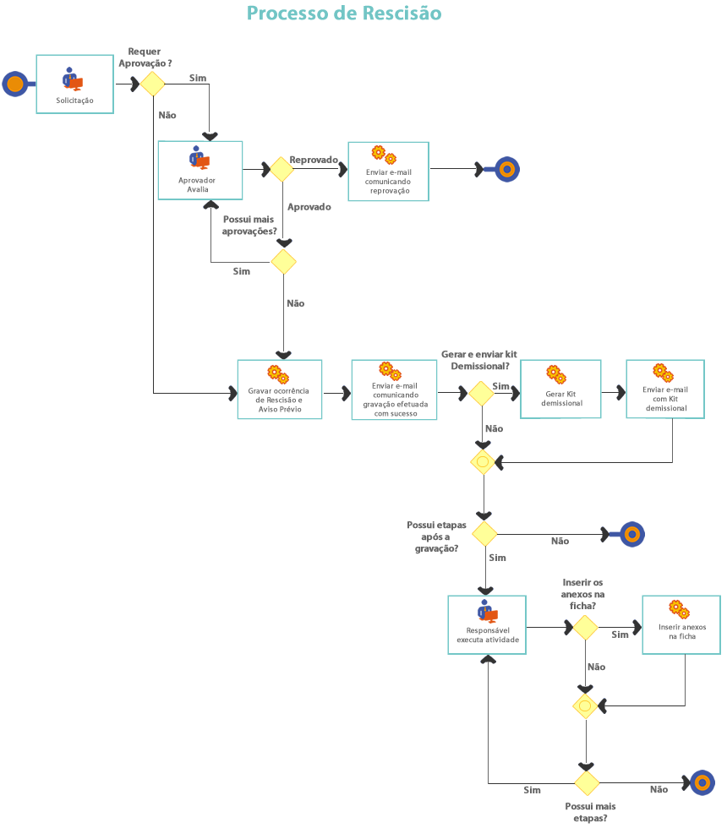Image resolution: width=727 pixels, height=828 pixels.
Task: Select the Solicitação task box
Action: tap(74, 84)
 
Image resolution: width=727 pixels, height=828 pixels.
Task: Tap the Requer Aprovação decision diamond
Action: tap(152, 84)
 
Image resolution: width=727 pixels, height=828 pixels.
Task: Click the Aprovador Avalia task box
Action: tap(200, 170)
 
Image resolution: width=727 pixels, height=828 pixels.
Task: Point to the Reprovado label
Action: tap(314, 159)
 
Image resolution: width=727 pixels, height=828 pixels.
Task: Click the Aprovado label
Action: tap(309, 207)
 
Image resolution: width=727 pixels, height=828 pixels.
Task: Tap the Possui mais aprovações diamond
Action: tap(283, 262)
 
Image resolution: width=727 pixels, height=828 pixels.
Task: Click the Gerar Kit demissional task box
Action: tap(560, 389)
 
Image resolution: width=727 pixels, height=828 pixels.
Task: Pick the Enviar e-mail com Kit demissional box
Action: tap(665, 389)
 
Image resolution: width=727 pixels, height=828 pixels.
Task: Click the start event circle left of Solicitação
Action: tap(14, 84)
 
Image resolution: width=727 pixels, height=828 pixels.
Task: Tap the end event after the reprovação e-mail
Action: tap(506, 169)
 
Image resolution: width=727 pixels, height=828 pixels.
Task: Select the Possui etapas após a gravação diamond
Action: tap(484, 534)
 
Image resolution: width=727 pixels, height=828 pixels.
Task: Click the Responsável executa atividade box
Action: tap(486, 624)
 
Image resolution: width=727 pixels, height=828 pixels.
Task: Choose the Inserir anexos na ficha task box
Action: tap(681, 624)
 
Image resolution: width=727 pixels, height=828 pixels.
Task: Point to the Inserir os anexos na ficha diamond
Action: tap(585, 628)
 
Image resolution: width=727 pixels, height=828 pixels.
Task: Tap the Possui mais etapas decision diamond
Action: tap(586, 783)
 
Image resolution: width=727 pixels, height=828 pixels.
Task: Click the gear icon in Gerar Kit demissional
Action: tap(555, 373)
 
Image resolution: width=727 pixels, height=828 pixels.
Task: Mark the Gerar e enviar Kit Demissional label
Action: tap(479, 360)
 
